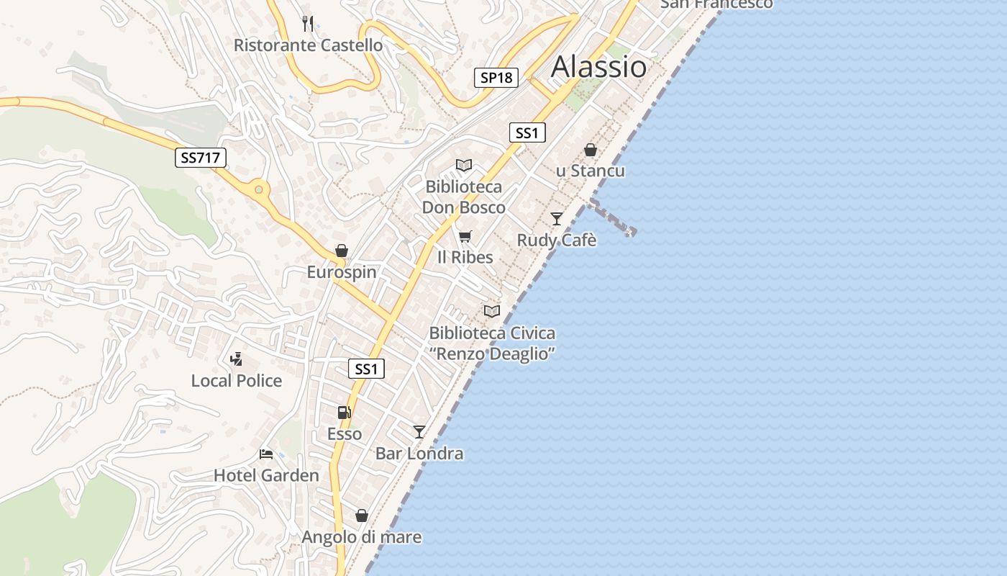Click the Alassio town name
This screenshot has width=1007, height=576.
(x=598, y=67)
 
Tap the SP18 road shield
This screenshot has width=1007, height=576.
(x=496, y=78)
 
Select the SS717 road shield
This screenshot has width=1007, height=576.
(x=201, y=158)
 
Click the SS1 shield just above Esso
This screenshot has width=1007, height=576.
(x=366, y=369)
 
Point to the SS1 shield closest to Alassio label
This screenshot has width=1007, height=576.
(x=527, y=133)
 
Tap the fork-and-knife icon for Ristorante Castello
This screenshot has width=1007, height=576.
(x=308, y=24)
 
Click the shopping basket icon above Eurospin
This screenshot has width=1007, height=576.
(x=342, y=251)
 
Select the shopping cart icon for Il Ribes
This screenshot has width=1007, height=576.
(x=465, y=236)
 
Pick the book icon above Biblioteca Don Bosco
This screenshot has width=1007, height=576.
(x=464, y=166)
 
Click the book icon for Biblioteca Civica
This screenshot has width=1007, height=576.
(x=492, y=311)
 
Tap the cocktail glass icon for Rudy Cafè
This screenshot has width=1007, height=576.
(x=557, y=219)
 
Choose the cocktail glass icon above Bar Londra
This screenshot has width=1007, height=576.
(x=419, y=432)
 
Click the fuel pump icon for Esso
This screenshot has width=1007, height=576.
(x=345, y=413)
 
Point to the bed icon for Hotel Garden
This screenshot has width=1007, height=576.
(x=266, y=454)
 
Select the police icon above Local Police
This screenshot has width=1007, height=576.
(x=236, y=359)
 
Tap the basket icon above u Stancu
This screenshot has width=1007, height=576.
(x=591, y=150)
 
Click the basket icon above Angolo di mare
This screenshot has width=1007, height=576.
(x=362, y=516)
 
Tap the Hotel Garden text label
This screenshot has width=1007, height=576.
(x=266, y=476)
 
